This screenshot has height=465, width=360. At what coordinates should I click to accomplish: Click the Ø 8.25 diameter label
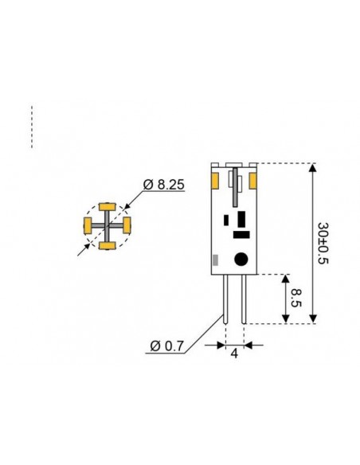point(164,185)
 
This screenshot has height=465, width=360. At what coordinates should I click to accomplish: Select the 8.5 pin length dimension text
point(295,299)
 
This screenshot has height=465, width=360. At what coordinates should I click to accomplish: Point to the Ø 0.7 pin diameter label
point(166,346)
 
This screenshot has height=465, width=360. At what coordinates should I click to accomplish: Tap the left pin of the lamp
point(226,299)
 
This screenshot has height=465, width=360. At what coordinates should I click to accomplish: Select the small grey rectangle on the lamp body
point(215,260)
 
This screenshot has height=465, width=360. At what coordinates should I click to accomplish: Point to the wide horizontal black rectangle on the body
point(239,235)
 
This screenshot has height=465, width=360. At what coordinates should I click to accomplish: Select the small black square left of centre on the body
point(227,219)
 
